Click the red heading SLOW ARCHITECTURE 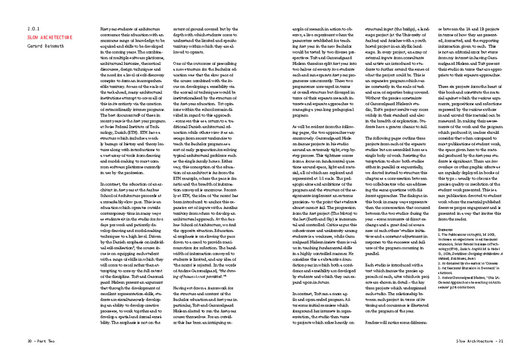[x=50, y=37]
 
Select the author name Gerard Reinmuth [x=48, y=46]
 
